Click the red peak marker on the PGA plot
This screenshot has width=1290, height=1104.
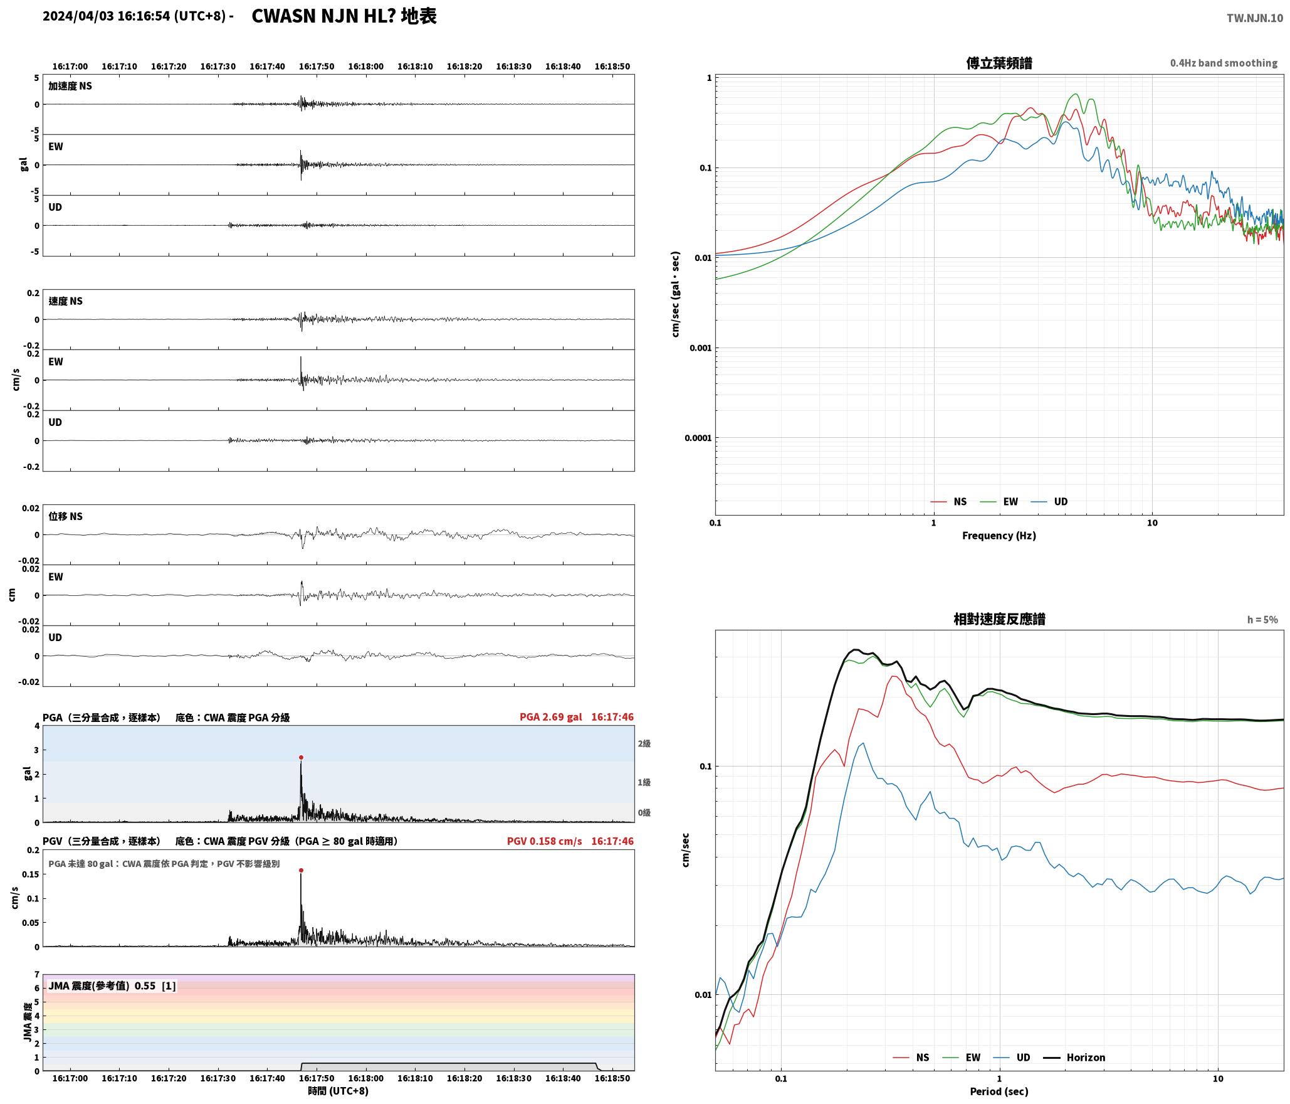(x=301, y=757)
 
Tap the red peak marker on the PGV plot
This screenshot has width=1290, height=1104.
(x=301, y=870)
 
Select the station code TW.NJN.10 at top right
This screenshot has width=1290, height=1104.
(x=1255, y=18)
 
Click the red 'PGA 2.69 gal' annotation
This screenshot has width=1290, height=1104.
(x=550, y=716)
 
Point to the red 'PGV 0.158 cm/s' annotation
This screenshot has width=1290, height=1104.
(x=544, y=841)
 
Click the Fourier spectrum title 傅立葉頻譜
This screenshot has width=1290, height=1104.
(x=999, y=63)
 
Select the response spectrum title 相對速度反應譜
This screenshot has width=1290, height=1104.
(x=999, y=618)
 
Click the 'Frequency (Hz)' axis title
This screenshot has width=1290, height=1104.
(x=999, y=535)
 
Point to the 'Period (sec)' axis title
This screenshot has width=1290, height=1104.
(x=999, y=1091)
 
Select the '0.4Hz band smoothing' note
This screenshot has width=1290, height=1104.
(x=1224, y=63)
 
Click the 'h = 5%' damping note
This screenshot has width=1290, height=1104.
(x=1262, y=619)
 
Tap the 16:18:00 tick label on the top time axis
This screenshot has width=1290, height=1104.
(x=365, y=66)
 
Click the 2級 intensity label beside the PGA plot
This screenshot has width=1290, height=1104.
(x=644, y=743)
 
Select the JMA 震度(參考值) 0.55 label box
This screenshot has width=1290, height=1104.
(x=112, y=985)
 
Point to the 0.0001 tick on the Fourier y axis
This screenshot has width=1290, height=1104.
(x=698, y=437)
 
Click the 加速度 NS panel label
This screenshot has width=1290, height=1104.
(x=70, y=86)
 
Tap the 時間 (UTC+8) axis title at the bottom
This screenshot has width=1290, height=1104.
(x=338, y=1091)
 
